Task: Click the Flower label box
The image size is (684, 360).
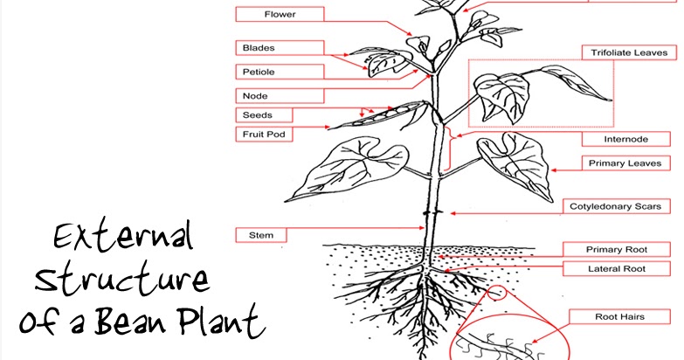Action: pyautogui.click(x=280, y=14)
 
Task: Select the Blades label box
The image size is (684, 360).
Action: pyautogui.click(x=280, y=47)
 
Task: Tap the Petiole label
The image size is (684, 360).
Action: pyautogui.click(x=280, y=72)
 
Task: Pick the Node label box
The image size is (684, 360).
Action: pyautogui.click(x=280, y=95)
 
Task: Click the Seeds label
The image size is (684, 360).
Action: pyautogui.click(x=264, y=115)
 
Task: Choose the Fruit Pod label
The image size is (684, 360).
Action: pyautogui.click(x=264, y=135)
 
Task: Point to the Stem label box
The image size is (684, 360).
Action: pyautogui.click(x=261, y=235)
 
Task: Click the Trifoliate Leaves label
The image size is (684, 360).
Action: pyautogui.click(x=629, y=52)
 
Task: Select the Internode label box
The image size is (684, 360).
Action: pyautogui.click(x=626, y=139)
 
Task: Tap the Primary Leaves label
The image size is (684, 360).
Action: pyautogui.click(x=626, y=163)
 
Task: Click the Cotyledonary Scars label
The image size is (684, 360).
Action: pyautogui.click(x=617, y=206)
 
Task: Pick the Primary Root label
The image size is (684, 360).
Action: pyautogui.click(x=617, y=250)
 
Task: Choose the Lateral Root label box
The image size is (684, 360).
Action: pyautogui.click(x=617, y=269)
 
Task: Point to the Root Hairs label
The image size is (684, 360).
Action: pyautogui.click(x=619, y=317)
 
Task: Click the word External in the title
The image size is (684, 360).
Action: pyautogui.click(x=123, y=236)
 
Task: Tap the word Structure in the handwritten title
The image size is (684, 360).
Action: pyautogui.click(x=122, y=277)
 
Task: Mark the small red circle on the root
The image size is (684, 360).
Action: pyautogui.click(x=496, y=293)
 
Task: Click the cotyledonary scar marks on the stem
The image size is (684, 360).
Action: pyautogui.click(x=432, y=213)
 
